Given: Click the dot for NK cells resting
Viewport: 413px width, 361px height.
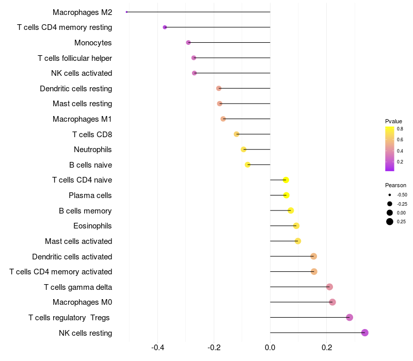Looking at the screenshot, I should [x=365, y=333].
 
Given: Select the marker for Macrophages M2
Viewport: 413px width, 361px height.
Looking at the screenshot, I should [x=126, y=12].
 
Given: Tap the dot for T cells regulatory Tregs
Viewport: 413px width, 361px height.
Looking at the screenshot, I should [x=350, y=317].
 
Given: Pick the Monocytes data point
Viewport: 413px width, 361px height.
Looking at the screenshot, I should [x=188, y=42].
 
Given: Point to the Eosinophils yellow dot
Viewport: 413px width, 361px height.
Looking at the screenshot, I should [x=296, y=226].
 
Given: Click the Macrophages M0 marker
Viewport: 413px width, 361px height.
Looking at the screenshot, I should [x=332, y=302].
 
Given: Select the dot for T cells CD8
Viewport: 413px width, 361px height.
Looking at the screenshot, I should [x=236, y=134].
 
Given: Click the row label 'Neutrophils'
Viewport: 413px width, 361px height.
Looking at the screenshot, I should [x=93, y=150].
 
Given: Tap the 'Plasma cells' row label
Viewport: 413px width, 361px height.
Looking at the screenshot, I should [x=90, y=195].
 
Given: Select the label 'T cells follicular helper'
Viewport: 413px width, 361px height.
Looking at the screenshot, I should [x=75, y=58].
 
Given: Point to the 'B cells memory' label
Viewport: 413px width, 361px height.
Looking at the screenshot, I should [x=85, y=210].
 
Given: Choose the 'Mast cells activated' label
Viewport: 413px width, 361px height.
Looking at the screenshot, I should [x=78, y=241].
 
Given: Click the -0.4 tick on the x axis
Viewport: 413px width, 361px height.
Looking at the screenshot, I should [x=158, y=348].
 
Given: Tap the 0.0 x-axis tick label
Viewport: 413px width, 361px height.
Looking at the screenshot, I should [x=270, y=348].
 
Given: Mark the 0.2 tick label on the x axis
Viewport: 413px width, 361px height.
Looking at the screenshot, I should [x=326, y=348].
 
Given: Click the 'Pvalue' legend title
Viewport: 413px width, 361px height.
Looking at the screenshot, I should [x=393, y=121].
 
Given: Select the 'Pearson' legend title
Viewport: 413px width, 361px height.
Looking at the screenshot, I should [x=395, y=185].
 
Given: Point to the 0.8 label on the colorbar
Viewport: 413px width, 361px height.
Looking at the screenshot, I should [x=400, y=129].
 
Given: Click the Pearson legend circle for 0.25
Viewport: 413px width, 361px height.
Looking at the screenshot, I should [x=389, y=222].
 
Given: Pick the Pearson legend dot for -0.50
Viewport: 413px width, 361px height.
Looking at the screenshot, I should [x=389, y=195].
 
